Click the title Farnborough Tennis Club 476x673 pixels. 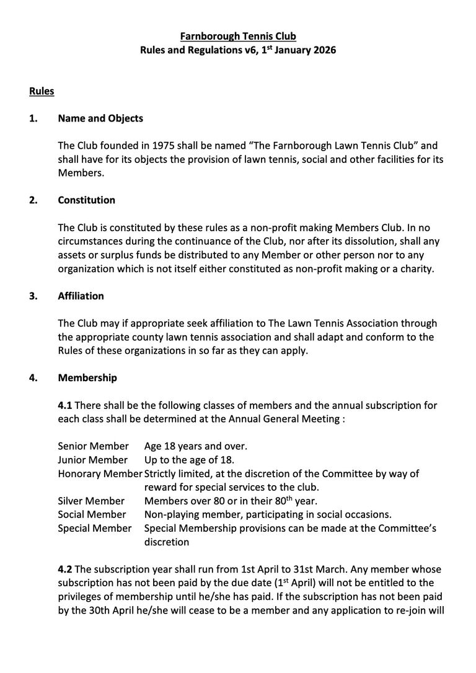click(x=238, y=37)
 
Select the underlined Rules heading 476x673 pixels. click(x=42, y=92)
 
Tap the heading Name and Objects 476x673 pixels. click(x=100, y=118)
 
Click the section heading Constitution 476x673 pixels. click(x=86, y=200)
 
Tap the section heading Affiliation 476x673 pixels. click(x=81, y=296)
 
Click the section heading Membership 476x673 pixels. click(x=87, y=377)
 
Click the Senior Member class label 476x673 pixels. click(x=93, y=446)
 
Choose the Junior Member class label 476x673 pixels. click(x=92, y=460)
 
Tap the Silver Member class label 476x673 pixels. click(x=91, y=501)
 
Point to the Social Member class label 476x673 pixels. click(x=92, y=514)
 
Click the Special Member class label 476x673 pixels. click(x=95, y=528)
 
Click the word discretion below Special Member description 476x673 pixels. click(x=166, y=542)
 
